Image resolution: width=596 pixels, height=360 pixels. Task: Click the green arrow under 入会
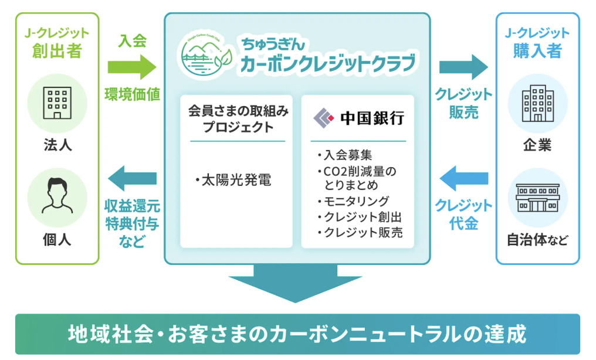[x=132, y=67]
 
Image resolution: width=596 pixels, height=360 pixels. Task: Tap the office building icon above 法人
[x=57, y=102]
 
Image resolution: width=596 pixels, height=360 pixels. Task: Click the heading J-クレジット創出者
[x=57, y=42]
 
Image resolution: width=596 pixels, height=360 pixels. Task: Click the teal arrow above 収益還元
[x=132, y=178]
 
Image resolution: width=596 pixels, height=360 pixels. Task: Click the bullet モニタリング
[x=352, y=201]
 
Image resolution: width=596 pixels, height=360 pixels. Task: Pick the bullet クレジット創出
[x=358, y=216]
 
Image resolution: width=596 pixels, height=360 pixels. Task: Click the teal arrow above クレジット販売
[x=463, y=67]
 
